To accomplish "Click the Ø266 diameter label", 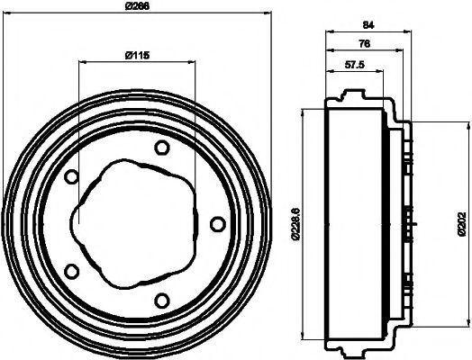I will pos(137,6).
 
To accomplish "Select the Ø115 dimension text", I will pos(136,56).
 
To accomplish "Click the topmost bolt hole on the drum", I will pos(161,148).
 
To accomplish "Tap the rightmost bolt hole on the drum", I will pos(216,222).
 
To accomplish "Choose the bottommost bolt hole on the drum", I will pos(161,300).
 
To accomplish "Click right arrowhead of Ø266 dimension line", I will pos(268,13).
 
